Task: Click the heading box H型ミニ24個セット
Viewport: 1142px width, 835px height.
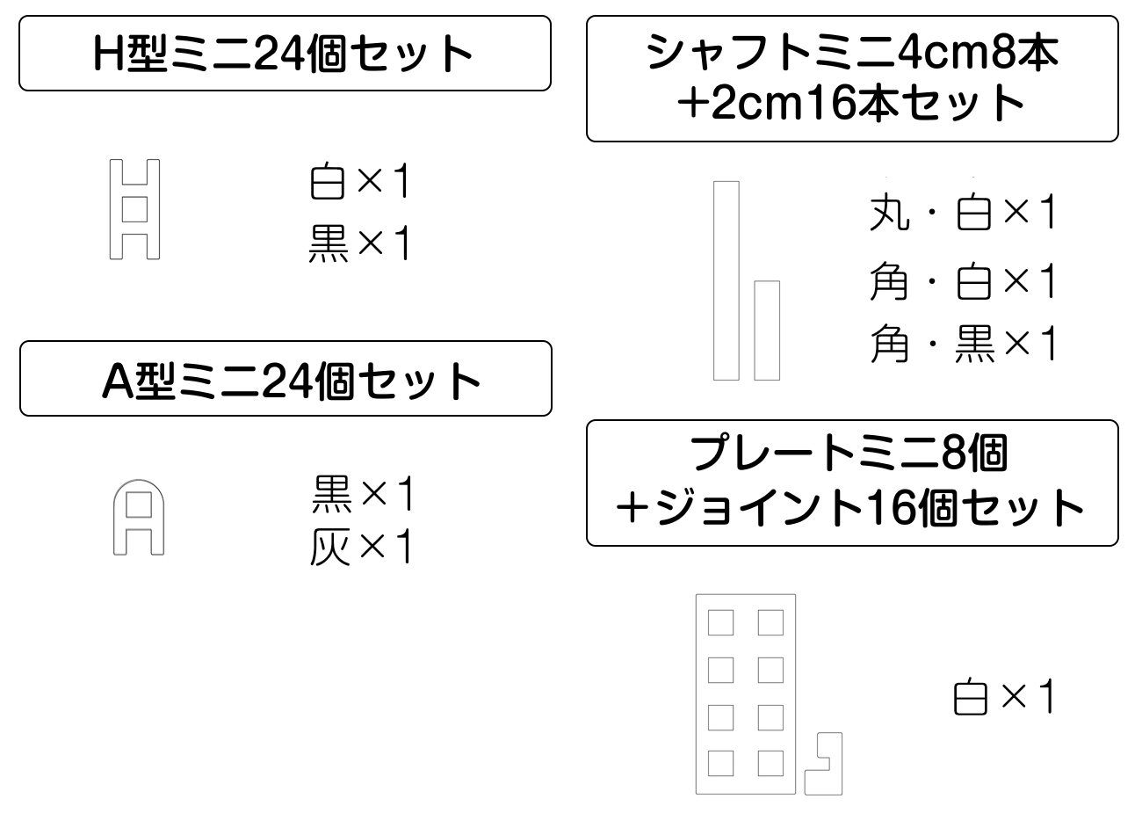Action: click(x=285, y=54)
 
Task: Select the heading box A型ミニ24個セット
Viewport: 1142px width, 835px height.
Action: click(x=285, y=379)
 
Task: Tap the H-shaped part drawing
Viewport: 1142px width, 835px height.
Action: click(x=134, y=209)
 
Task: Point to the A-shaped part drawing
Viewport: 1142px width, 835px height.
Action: click(x=139, y=518)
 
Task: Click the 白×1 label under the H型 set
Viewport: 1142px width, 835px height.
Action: click(x=360, y=183)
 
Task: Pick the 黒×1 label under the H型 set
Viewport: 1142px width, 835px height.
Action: click(x=360, y=243)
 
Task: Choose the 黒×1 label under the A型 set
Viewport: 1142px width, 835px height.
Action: click(x=362, y=496)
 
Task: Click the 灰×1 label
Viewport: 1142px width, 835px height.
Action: click(x=360, y=548)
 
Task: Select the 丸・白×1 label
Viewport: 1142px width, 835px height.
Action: click(x=963, y=214)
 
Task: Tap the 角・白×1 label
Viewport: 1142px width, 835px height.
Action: click(x=963, y=282)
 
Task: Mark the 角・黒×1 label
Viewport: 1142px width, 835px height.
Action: click(x=963, y=344)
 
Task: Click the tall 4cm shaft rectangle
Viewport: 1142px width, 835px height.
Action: click(x=726, y=280)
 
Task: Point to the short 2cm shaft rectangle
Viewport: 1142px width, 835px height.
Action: click(x=767, y=330)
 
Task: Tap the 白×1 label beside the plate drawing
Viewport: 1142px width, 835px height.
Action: click(x=1003, y=698)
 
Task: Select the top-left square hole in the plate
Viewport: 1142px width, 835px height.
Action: click(x=720, y=623)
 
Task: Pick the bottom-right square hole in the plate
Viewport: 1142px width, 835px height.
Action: click(x=770, y=763)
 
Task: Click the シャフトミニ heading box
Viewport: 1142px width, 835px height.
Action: click(x=852, y=78)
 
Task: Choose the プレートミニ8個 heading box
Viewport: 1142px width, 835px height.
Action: click(x=852, y=483)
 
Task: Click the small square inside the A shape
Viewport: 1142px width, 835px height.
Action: click(x=139, y=507)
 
